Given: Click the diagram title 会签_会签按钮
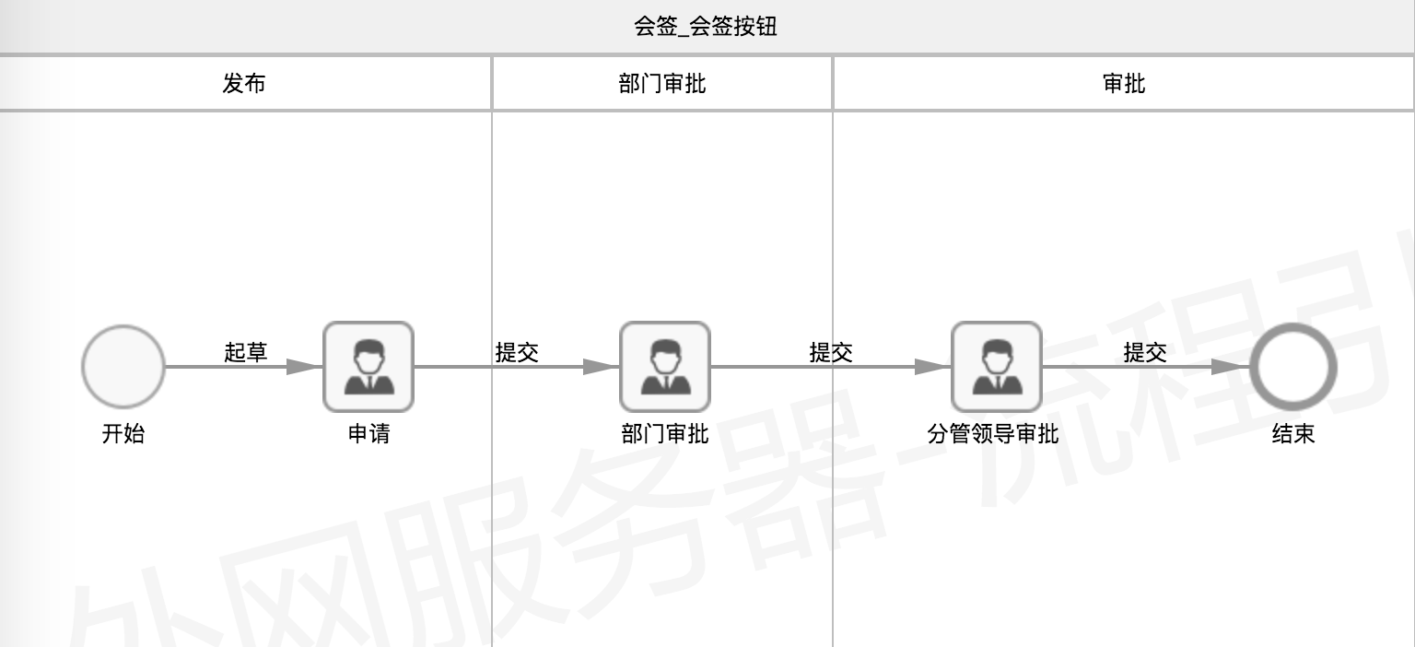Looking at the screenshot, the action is click(705, 27).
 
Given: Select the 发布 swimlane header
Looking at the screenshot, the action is click(244, 83).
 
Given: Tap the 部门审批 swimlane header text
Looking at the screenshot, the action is click(662, 83).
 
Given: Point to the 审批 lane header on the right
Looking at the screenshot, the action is click(1124, 83).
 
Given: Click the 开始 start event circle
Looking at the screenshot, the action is click(123, 367).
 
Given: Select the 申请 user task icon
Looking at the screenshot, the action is click(368, 367).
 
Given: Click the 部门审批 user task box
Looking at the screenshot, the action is click(665, 367).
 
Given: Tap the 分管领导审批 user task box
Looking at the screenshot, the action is click(996, 367).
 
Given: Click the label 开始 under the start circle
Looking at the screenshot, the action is click(123, 433).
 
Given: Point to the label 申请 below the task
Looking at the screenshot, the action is click(368, 433).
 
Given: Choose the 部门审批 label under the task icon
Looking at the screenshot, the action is click(664, 433).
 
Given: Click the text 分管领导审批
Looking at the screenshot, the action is click(992, 433).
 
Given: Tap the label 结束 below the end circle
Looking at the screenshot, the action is click(1293, 433).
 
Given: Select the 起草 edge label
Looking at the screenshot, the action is click(246, 352).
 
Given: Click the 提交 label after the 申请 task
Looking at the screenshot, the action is click(517, 352).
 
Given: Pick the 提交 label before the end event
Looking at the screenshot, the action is click(1145, 352).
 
